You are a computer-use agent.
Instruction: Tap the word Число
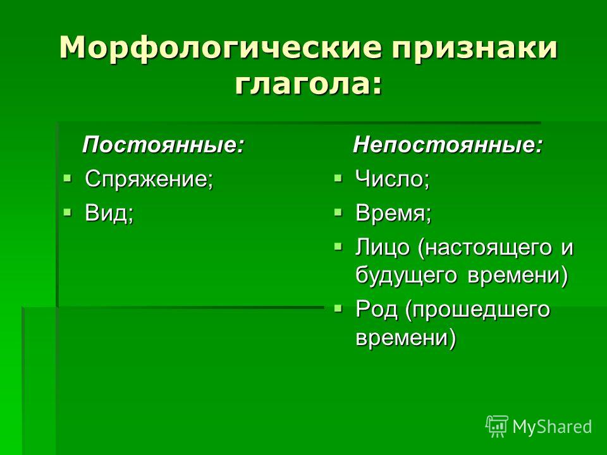coord(389,179)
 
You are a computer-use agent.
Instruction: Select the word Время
coord(390,212)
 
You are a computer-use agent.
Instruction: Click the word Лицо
coord(382,247)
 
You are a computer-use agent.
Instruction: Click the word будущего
coord(407,276)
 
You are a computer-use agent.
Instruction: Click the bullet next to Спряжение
coord(68,178)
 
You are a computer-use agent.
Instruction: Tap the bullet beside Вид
coord(68,212)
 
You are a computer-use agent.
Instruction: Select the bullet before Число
coord(338,178)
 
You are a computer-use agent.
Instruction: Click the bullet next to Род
coord(338,308)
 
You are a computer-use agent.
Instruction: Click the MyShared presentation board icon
coord(497,426)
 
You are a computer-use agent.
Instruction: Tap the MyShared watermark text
coord(552,427)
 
